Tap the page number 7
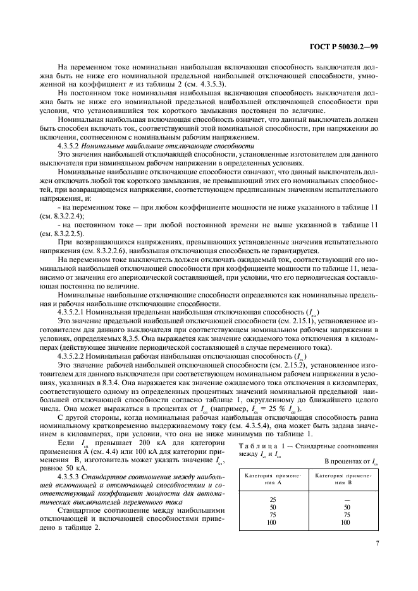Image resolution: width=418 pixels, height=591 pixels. (x=376, y=542)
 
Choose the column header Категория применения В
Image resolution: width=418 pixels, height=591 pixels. (x=345, y=477)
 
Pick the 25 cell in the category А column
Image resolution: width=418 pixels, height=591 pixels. (x=273, y=499)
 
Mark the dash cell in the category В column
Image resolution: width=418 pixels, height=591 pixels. (x=345, y=499)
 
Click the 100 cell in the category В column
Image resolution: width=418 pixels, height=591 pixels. (x=345, y=523)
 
